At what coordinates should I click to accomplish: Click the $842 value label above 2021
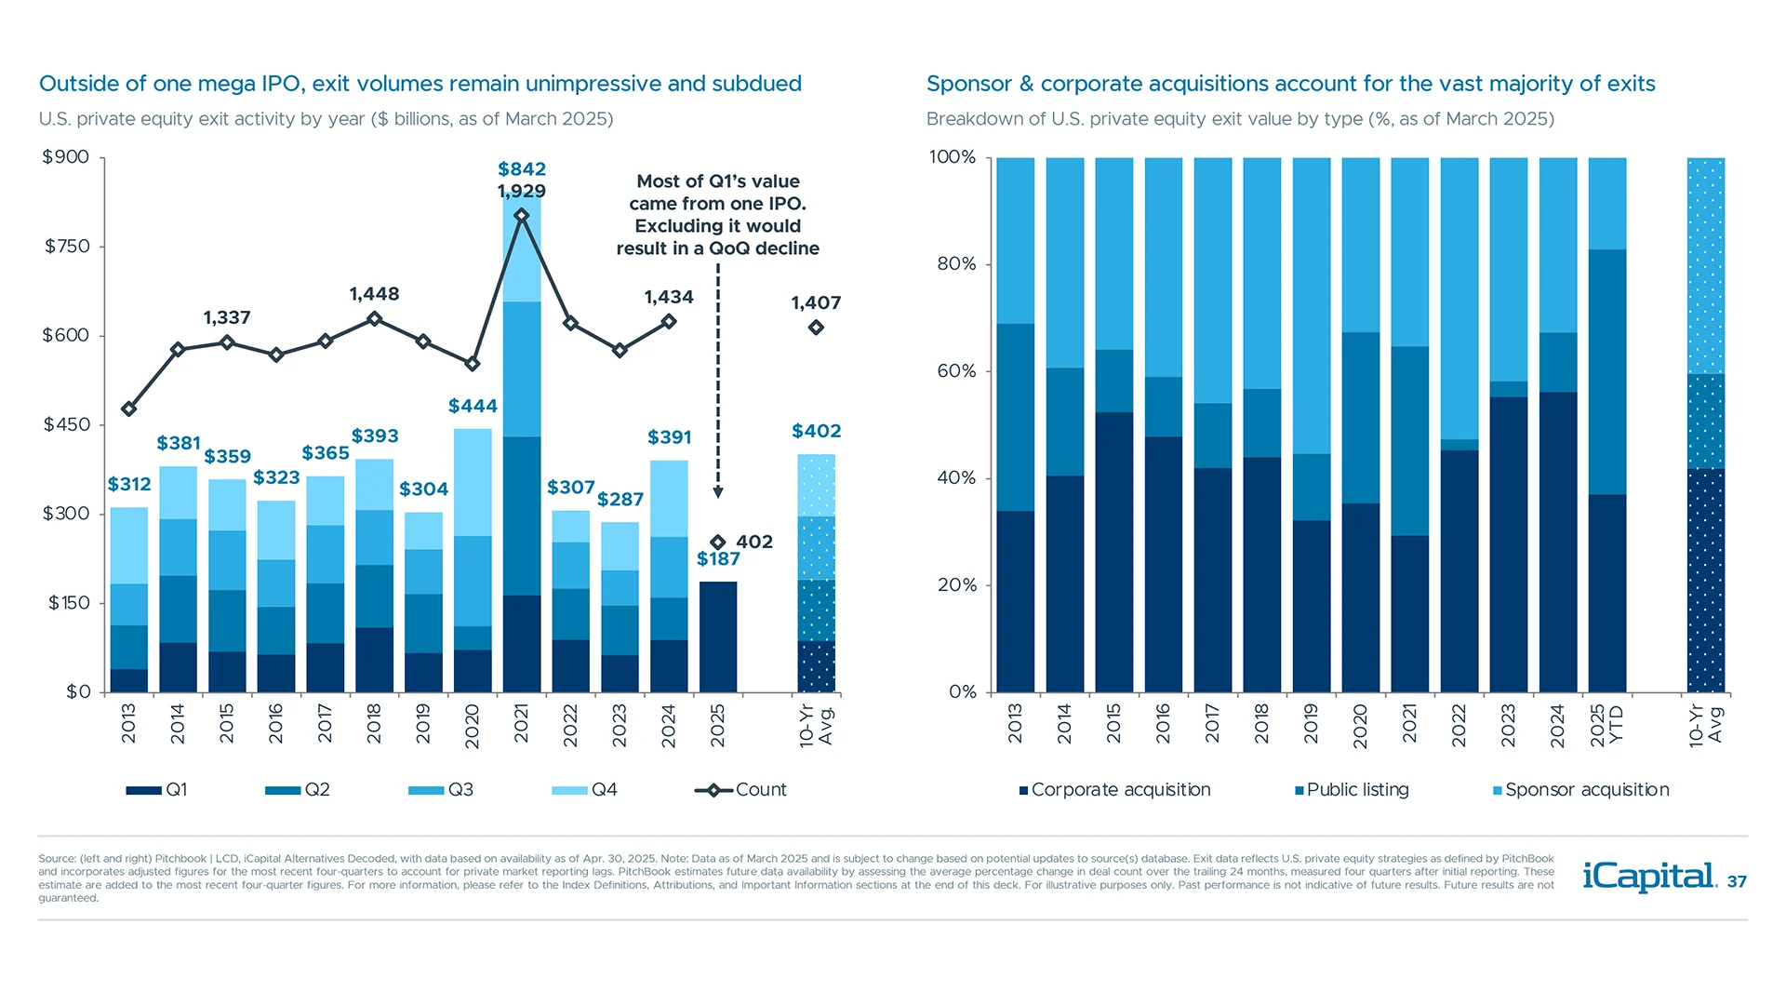point(521,169)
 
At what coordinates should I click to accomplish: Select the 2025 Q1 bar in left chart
point(717,637)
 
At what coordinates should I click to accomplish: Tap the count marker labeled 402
point(717,543)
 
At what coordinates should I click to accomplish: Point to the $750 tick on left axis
point(67,247)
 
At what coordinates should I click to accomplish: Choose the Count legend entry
point(741,790)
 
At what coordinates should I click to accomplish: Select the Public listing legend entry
point(1353,790)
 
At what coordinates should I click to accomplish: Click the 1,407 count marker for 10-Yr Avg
point(816,328)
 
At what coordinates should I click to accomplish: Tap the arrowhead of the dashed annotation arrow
point(718,492)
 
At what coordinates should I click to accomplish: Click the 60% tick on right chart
point(956,371)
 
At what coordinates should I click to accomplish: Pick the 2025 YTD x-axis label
point(1606,724)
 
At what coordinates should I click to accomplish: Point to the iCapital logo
point(1649,877)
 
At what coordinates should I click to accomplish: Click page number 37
point(1737,882)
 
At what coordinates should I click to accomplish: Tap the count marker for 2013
point(129,409)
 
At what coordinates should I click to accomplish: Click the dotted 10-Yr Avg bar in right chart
point(1706,425)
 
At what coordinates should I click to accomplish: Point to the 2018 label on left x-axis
point(374,724)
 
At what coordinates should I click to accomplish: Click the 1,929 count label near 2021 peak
point(521,192)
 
